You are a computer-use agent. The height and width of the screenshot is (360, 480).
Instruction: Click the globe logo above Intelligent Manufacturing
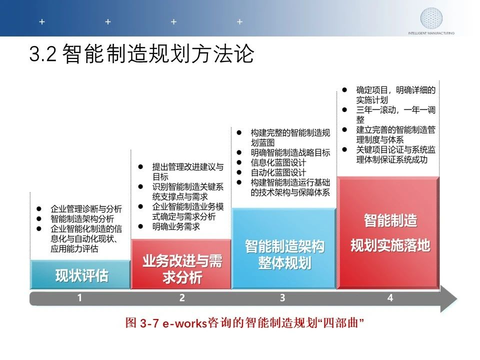(431, 18)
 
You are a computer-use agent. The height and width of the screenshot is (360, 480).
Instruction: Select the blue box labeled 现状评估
(80, 274)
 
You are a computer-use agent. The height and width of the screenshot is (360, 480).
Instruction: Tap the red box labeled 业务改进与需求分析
(181, 264)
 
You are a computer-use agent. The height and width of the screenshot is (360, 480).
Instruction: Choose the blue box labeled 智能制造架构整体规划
(284, 248)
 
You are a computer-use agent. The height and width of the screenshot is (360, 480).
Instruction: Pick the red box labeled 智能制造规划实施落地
(388, 233)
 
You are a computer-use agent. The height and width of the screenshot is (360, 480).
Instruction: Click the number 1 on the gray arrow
(79, 297)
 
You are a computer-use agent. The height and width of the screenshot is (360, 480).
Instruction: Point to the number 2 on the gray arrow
(182, 297)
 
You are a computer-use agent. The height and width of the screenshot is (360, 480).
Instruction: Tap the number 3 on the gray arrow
(282, 297)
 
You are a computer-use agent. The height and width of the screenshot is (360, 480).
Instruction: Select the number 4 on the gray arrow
(390, 297)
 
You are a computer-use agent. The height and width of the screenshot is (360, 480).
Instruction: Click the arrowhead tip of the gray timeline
(457, 299)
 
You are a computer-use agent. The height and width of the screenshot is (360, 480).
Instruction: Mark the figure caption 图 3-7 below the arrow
(244, 323)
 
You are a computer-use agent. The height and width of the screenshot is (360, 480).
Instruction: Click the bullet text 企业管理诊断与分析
(86, 209)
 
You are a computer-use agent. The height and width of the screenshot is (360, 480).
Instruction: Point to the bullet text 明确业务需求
(176, 227)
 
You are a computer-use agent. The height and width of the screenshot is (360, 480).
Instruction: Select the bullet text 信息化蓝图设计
(278, 162)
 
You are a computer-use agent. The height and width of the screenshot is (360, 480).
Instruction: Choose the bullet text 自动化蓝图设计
(278, 172)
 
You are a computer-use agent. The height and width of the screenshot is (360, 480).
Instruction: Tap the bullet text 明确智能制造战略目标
(290, 152)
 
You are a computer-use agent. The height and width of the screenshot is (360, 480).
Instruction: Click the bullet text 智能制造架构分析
(82, 219)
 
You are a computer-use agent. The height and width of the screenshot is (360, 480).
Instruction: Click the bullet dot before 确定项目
(344, 90)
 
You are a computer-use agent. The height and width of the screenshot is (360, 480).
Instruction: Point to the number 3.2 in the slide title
(43, 53)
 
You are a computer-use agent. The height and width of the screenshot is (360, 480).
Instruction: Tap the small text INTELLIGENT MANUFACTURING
(431, 33)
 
